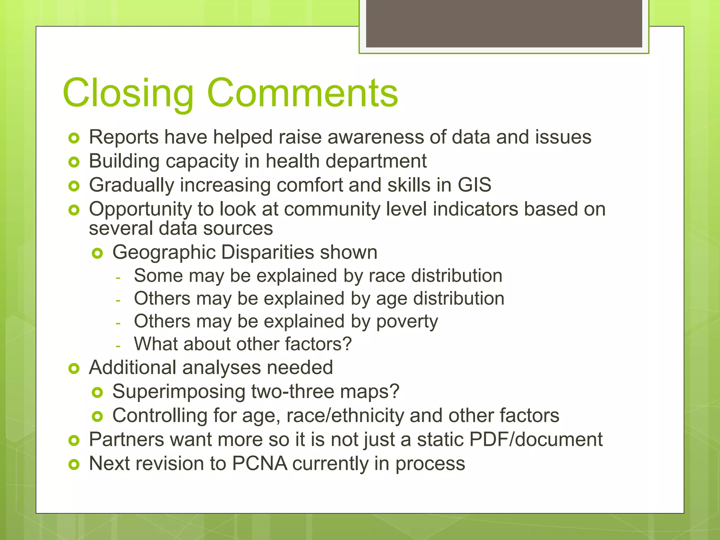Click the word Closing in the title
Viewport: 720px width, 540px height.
128,93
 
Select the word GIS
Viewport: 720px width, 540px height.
474,185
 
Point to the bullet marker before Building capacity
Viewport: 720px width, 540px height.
74,162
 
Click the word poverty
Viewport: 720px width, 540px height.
407,322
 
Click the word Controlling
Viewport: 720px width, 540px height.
160,416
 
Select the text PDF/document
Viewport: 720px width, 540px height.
536,439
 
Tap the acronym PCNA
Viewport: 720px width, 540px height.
259,463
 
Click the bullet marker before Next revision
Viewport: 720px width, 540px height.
74,464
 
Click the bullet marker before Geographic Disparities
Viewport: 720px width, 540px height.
97,253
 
